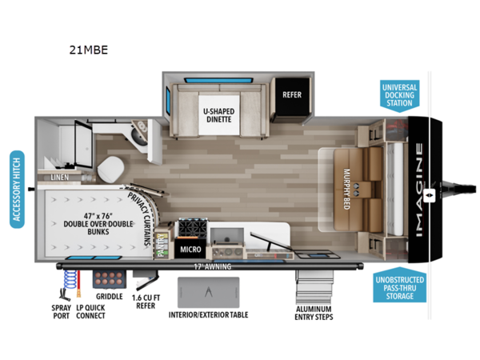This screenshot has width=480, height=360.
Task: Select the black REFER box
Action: click(291, 94)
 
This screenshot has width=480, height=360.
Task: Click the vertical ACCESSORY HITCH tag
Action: click(17, 189)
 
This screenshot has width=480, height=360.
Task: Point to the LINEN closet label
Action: click(59, 176)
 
